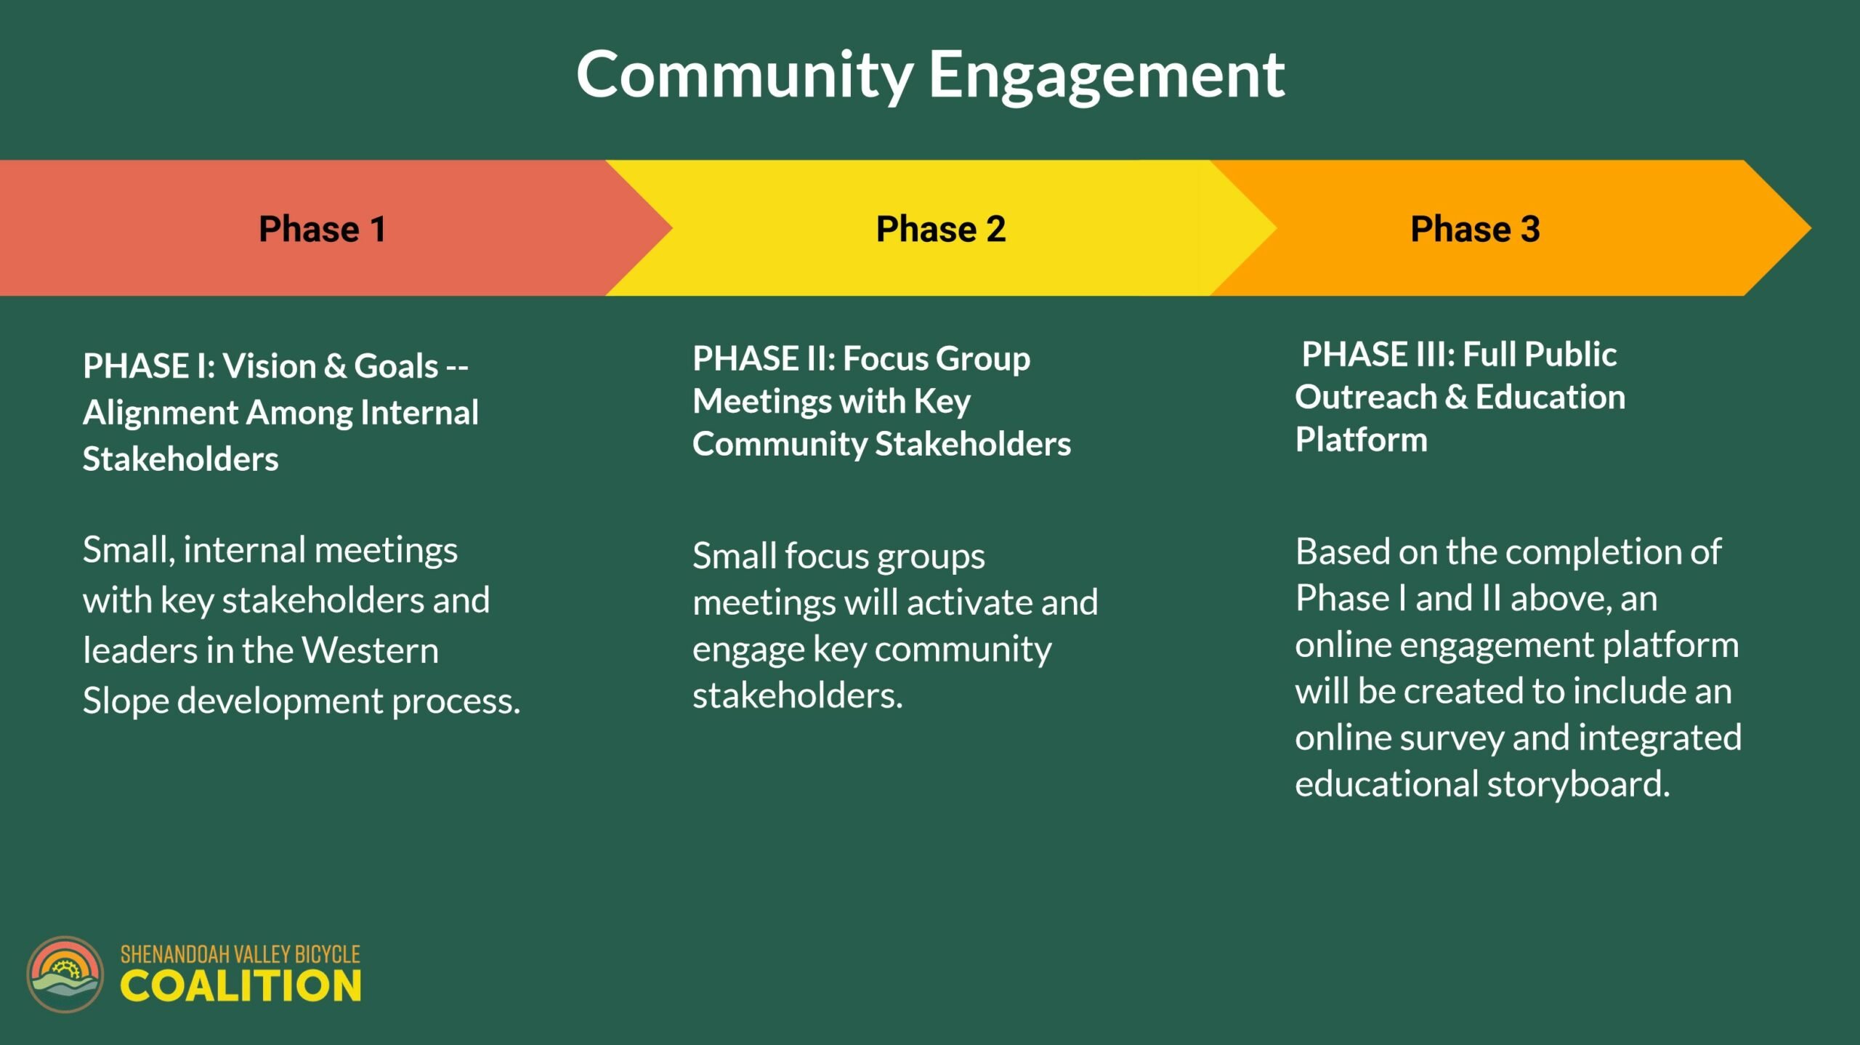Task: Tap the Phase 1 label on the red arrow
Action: (322, 229)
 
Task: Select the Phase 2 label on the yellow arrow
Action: (941, 229)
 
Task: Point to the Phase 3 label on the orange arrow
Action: (1475, 229)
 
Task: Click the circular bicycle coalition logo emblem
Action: (65, 974)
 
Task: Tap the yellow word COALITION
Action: (240, 986)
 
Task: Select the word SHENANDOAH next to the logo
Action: (174, 954)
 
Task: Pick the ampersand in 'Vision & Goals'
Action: (335, 366)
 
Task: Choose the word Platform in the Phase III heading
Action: (1361, 440)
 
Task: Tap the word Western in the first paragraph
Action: (370, 650)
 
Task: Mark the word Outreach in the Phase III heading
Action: (1366, 397)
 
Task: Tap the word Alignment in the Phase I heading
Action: (160, 413)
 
